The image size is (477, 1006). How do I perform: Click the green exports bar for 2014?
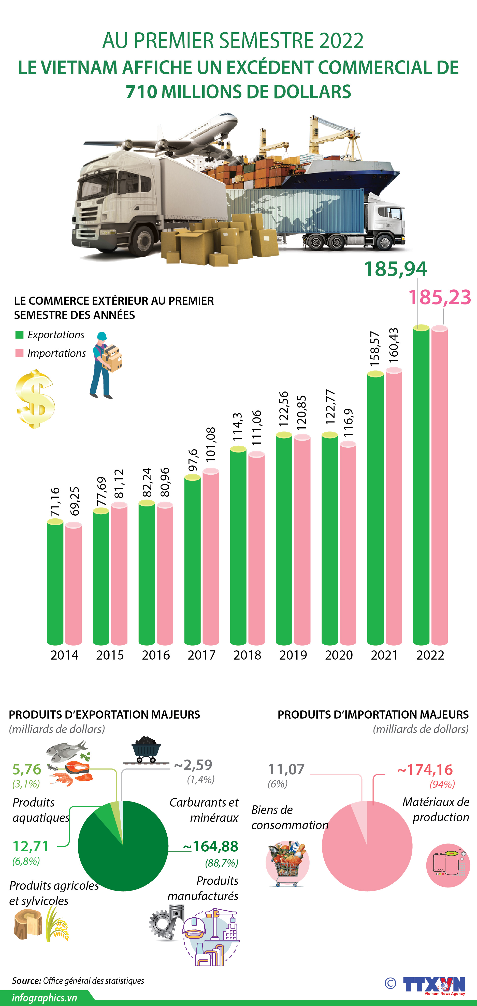point(55,582)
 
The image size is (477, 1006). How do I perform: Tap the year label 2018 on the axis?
point(247,655)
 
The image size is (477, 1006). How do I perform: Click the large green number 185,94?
point(395,269)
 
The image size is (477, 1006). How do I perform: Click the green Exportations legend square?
point(19,335)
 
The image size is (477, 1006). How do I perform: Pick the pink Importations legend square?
point(19,353)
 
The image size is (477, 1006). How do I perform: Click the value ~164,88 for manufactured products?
point(211,846)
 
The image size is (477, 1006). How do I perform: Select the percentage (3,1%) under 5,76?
point(26,784)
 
